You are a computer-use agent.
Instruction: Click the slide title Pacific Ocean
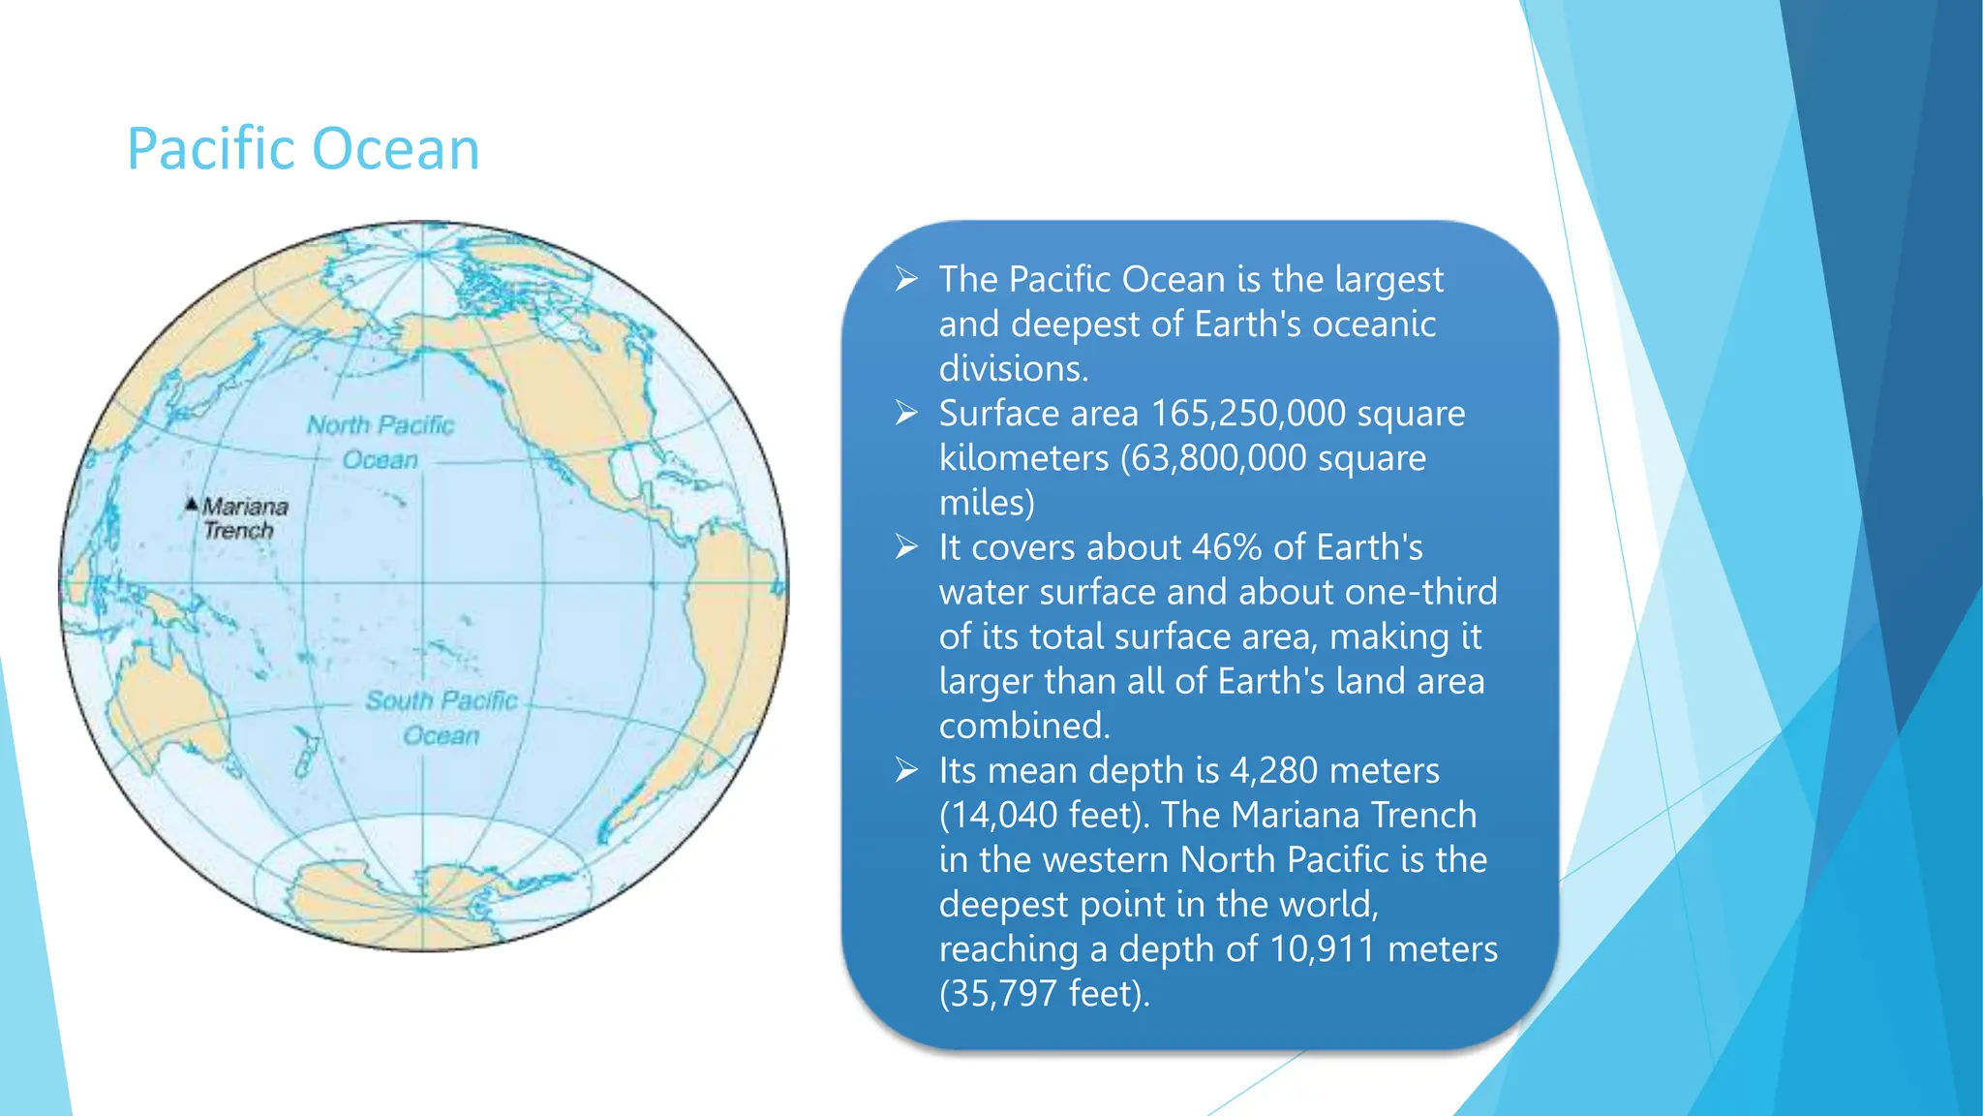303,149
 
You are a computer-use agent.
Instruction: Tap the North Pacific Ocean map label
381,442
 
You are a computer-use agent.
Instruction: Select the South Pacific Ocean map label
442,717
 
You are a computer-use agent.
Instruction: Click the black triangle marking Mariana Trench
192,504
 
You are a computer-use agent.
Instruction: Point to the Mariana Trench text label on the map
243,518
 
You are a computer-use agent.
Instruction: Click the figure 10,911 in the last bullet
1322,949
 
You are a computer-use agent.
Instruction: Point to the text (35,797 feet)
1044,994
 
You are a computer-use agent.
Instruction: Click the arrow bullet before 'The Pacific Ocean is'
906,279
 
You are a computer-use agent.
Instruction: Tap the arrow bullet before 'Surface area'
906,414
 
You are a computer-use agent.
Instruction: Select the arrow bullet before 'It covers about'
906,547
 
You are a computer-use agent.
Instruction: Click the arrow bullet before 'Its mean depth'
906,770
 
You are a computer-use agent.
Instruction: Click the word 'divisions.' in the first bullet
1014,369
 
